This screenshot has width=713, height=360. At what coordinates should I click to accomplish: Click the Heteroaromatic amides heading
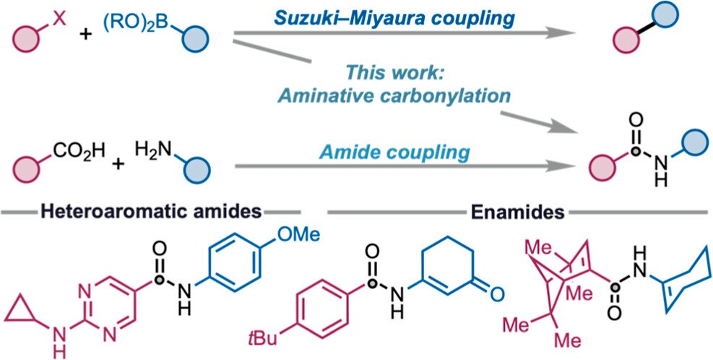(150, 212)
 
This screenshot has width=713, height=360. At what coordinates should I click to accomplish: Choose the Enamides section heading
(517, 212)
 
